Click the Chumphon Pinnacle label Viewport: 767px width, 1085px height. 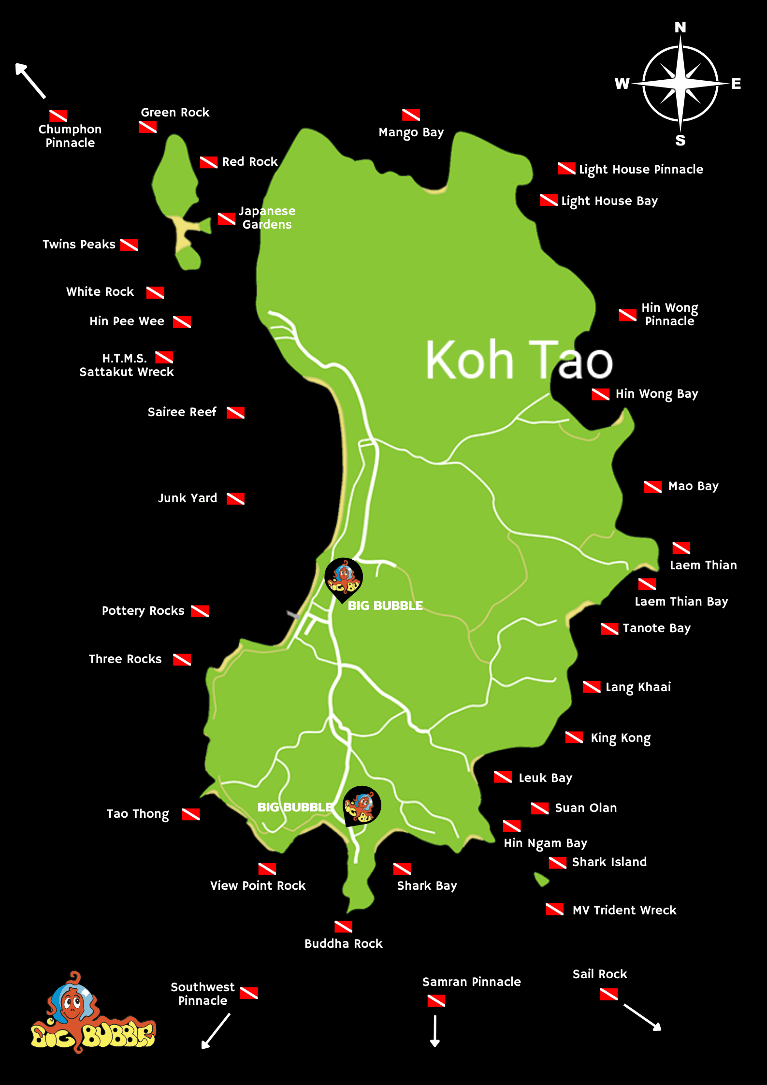pos(70,136)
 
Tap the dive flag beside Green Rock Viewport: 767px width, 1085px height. pos(147,127)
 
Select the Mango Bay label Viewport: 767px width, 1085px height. pos(411,132)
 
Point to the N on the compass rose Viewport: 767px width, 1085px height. pos(680,28)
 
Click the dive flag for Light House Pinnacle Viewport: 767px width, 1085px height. pos(566,169)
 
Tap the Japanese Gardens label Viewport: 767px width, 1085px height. pos(267,217)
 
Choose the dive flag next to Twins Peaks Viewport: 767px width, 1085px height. pos(129,245)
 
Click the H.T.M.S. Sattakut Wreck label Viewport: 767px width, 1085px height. pos(126,365)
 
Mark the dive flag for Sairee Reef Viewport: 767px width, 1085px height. pos(235,412)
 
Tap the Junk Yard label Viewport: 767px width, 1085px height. pos(188,498)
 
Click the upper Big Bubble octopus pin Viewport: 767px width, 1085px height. pos(343,578)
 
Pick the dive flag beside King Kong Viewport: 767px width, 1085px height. pos(574,737)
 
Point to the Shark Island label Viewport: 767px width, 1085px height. pos(609,862)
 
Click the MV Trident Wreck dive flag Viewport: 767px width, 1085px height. pos(554,910)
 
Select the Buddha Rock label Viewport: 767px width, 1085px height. pos(343,943)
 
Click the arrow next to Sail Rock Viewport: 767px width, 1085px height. pos(642,1017)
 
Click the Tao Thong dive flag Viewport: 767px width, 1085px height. pos(191,814)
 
